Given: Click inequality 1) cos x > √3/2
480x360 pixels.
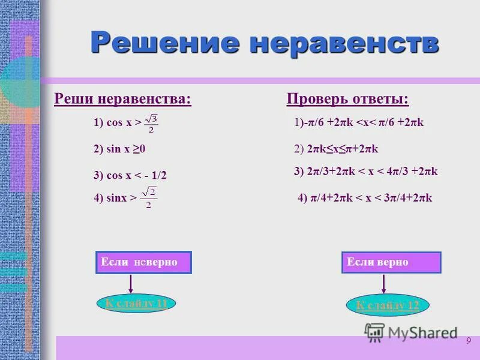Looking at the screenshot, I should [x=126, y=122].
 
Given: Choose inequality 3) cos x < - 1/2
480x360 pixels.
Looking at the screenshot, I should [x=130, y=175].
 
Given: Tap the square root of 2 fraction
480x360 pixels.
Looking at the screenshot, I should [x=148, y=199].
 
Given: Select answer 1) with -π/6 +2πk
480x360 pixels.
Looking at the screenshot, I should [x=359, y=122].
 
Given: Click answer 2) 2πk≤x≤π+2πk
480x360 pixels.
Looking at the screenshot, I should [x=337, y=149].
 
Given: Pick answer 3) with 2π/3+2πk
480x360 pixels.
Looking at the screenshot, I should [x=366, y=172].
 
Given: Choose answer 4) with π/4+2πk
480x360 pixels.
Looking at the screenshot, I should [x=365, y=198].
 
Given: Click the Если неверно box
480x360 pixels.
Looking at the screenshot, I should [x=143, y=263].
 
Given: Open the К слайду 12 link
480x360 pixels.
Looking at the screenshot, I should [x=388, y=305].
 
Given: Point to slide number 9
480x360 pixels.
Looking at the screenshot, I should [x=468, y=341].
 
